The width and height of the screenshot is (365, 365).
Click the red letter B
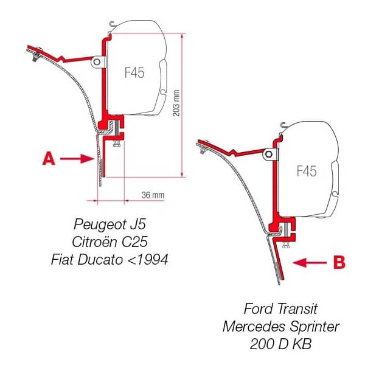click(x=339, y=262)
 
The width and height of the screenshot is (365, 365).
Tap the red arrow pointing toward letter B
click(x=309, y=262)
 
